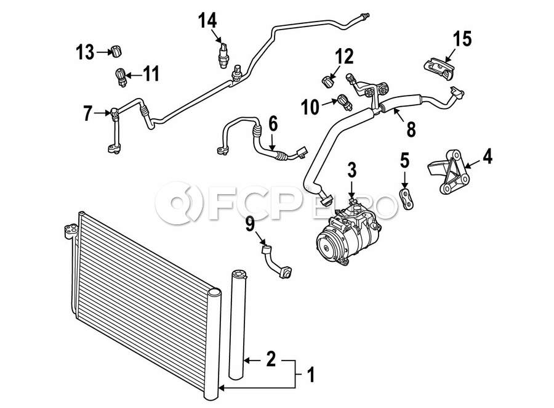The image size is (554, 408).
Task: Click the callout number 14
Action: [x=207, y=20]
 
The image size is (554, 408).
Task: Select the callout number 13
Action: [x=85, y=52]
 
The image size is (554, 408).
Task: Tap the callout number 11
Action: [x=151, y=75]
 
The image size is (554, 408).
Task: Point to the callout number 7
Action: [x=87, y=113]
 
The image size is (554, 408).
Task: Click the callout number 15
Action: [x=462, y=39]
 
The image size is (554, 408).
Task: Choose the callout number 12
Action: [x=344, y=56]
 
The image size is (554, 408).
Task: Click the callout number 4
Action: [x=488, y=156]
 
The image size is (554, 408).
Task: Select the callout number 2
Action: [x=271, y=359]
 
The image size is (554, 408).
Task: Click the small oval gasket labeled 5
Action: [x=407, y=198]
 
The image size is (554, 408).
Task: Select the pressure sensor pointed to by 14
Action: [x=223, y=55]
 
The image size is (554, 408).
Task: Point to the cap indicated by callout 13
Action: [x=116, y=51]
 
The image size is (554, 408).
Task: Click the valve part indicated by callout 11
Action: [x=121, y=77]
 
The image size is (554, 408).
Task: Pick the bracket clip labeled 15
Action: [x=439, y=68]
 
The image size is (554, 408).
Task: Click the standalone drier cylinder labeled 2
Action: [x=238, y=324]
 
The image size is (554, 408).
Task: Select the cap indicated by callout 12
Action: [x=328, y=81]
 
